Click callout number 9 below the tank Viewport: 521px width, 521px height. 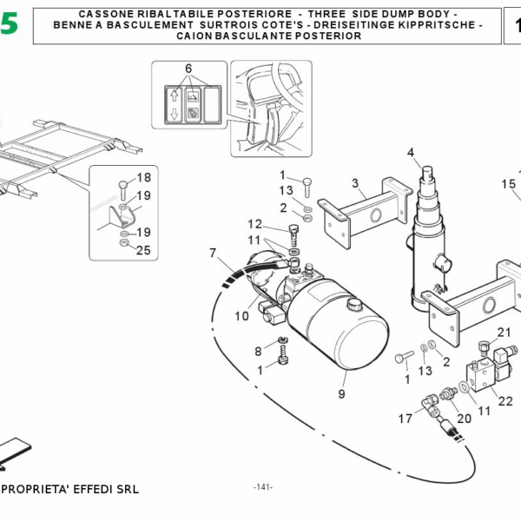[341, 393]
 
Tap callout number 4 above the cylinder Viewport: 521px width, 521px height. [411, 154]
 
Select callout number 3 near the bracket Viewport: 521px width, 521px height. [355, 182]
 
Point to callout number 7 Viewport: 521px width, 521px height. [212, 253]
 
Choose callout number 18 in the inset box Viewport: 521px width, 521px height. [143, 176]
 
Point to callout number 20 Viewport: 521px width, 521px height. [464, 418]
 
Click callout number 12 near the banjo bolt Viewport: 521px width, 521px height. [254, 223]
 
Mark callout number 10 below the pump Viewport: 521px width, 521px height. [242, 315]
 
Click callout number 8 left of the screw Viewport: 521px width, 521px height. [258, 351]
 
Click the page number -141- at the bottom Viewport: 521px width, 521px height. [262, 486]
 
